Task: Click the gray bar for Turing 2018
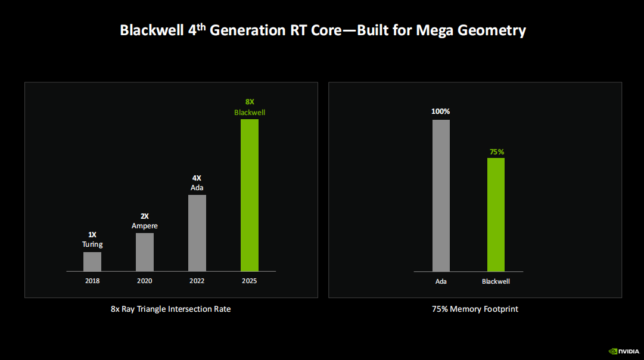click(92, 262)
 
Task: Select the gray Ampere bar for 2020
click(145, 252)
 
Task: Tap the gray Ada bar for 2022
click(197, 233)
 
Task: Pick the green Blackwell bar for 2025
click(250, 195)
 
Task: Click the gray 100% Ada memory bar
click(441, 196)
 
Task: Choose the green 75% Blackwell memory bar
click(496, 215)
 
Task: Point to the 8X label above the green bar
click(250, 102)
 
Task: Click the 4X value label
click(197, 178)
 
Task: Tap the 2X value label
click(145, 216)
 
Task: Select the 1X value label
click(92, 235)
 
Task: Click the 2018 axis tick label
click(92, 281)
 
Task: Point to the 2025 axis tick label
click(250, 281)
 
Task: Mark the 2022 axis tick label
click(197, 281)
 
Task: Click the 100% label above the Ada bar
click(441, 111)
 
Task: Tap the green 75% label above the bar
click(496, 152)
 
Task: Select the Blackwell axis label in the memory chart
click(496, 281)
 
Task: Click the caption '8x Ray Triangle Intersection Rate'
click(170, 309)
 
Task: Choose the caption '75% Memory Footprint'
click(475, 309)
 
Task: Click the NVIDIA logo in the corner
click(623, 351)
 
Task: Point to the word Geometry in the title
click(492, 30)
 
